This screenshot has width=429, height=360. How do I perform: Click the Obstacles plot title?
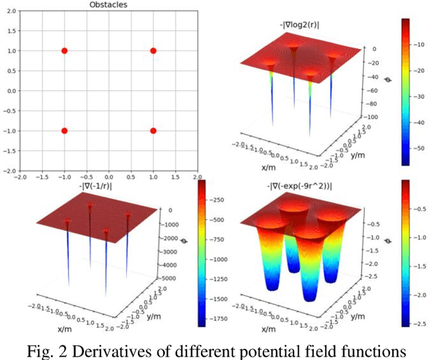(x=108, y=5)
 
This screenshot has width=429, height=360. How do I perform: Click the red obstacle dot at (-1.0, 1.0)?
(x=64, y=50)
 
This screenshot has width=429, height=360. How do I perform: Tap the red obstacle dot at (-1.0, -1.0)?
(x=64, y=131)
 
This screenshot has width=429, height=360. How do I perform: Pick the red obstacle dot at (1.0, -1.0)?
(x=154, y=131)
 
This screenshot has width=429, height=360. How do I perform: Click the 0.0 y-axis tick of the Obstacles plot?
(x=11, y=91)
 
